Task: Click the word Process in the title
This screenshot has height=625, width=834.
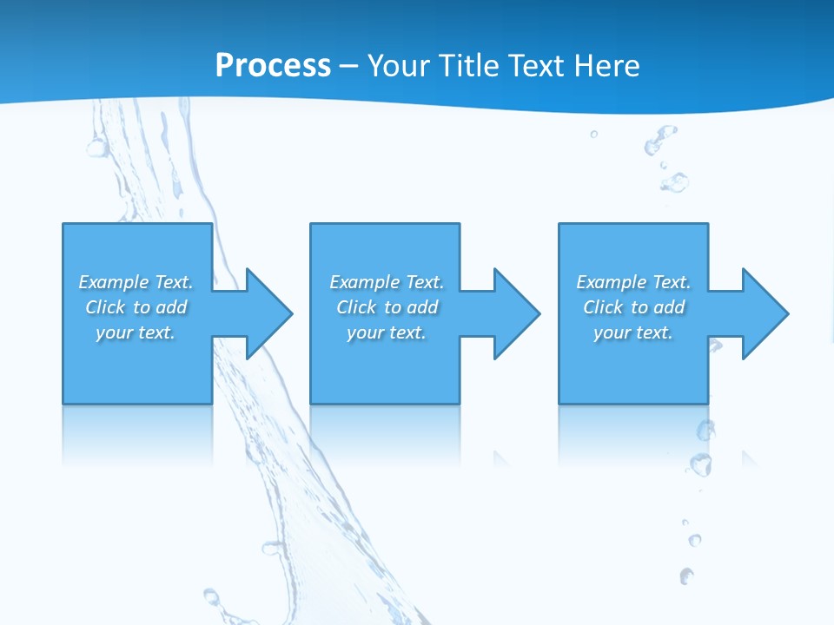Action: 273,65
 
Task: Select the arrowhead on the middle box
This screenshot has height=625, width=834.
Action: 514,313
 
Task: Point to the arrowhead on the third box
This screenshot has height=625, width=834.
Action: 763,313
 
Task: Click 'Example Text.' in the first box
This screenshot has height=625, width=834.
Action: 136,282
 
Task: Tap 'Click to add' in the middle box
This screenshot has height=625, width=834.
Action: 387,307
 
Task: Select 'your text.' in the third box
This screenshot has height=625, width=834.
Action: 632,332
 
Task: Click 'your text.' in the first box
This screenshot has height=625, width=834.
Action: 136,332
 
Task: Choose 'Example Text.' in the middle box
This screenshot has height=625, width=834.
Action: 387,282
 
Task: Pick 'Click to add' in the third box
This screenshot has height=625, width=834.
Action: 633,307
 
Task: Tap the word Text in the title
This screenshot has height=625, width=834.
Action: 539,65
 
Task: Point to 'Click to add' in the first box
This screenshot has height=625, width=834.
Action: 136,307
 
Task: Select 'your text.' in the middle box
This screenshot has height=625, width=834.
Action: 387,332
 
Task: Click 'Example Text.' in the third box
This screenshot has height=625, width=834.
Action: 633,282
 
